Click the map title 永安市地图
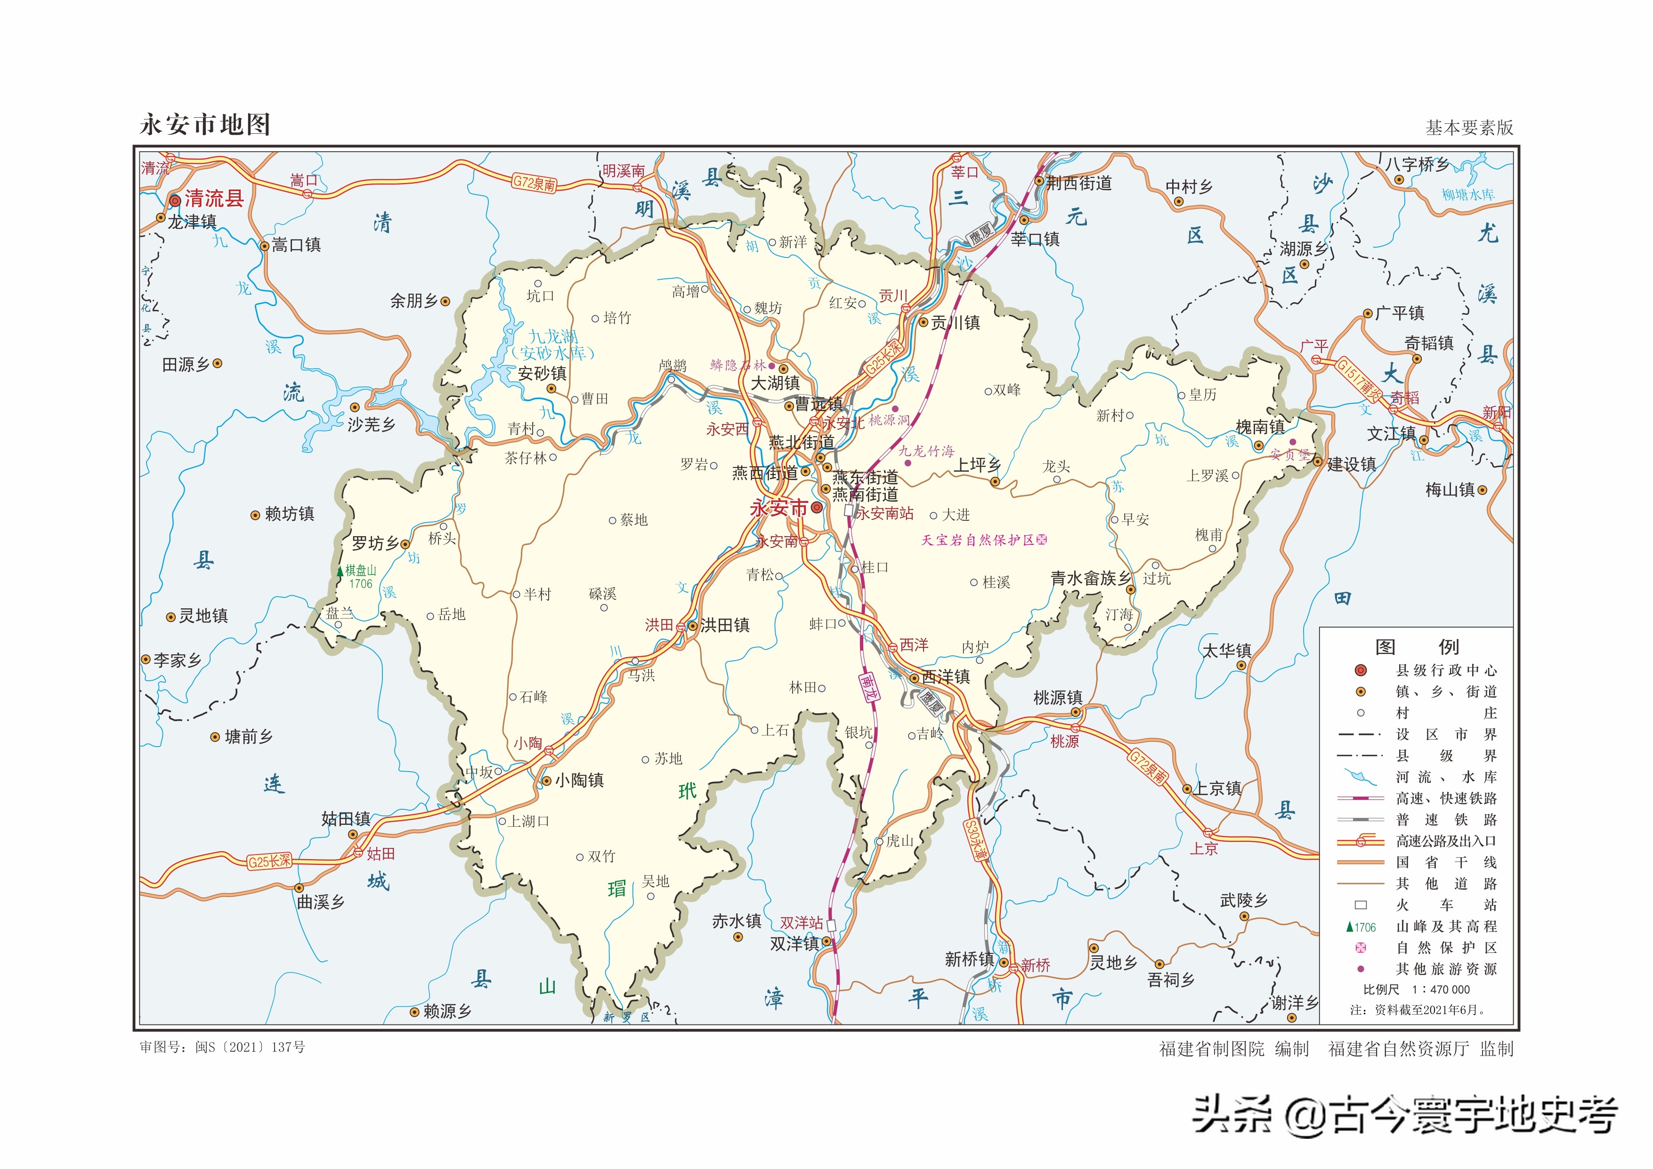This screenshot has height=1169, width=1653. coord(205,125)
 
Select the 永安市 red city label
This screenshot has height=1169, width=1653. coord(778,508)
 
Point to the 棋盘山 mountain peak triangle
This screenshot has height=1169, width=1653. coord(340,571)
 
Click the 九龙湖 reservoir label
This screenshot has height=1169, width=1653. coord(552,336)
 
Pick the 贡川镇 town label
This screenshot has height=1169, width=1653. coord(956,322)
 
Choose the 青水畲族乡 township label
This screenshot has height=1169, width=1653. coord(1090,578)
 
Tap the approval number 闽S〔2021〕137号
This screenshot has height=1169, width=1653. coord(250,1048)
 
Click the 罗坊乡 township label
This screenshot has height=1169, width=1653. coord(375,543)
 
